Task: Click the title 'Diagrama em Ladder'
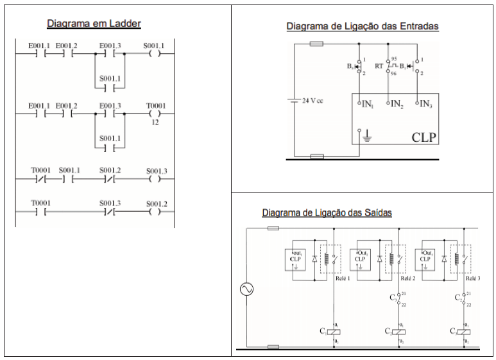pos(94,24)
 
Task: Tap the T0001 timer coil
pos(155,114)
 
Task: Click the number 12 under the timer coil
pos(155,122)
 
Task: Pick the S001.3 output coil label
pos(156,171)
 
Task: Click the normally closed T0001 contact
pos(40,179)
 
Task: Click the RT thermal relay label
pos(379,65)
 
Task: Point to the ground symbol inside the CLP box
pos(367,135)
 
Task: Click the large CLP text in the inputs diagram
pos(424,137)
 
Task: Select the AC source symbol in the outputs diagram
pos(246,290)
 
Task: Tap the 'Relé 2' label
pos(407,279)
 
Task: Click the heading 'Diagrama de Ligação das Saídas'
pos(327,212)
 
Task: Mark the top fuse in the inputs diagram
pos(316,44)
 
